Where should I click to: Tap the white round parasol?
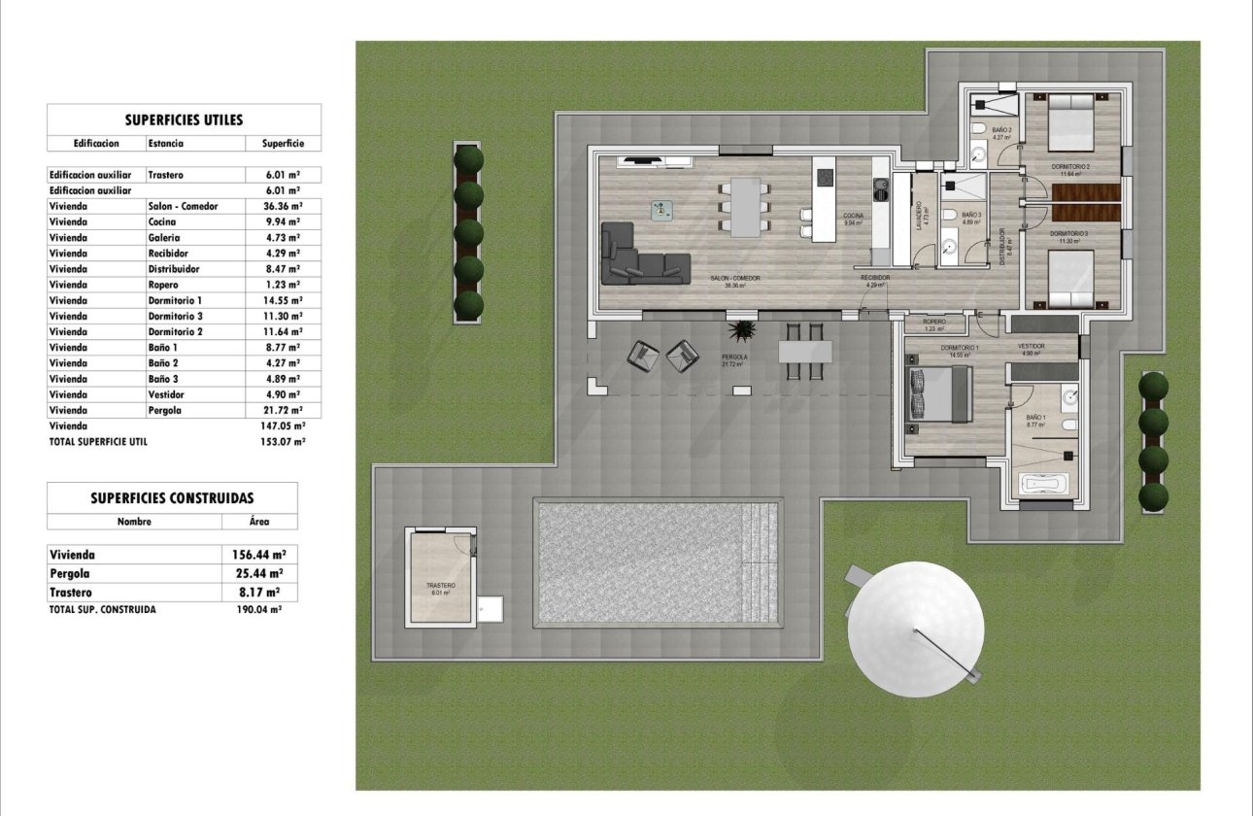click(x=916, y=629)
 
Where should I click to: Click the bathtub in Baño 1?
click(x=1043, y=485)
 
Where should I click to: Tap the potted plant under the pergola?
click(x=743, y=333)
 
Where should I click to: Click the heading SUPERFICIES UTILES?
click(x=184, y=120)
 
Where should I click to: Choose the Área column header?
click(x=259, y=521)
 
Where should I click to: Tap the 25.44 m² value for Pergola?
click(x=260, y=573)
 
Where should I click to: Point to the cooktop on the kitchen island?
click(x=825, y=178)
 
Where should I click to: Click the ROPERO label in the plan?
click(x=934, y=322)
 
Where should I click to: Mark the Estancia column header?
click(x=165, y=143)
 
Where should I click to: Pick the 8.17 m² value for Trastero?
click(x=260, y=592)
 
